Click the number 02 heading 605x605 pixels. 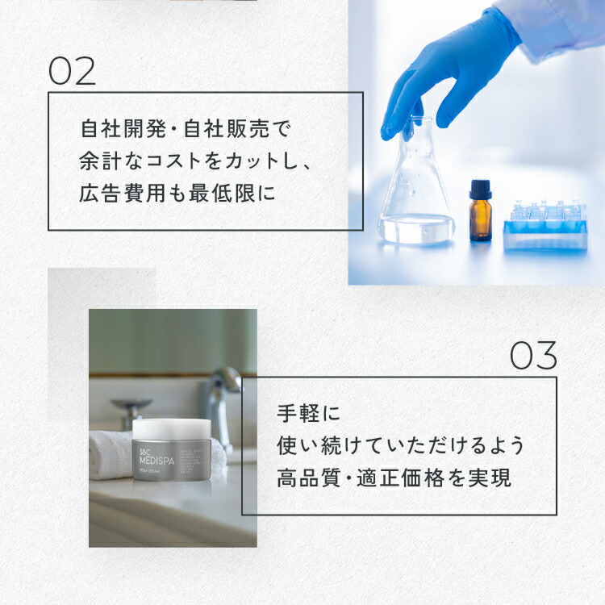(72, 71)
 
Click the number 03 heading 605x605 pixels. (533, 356)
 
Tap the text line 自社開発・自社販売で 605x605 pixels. (185, 128)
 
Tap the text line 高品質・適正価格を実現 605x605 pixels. (394, 478)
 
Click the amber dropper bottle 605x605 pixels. (481, 215)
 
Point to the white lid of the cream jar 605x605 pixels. (171, 428)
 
